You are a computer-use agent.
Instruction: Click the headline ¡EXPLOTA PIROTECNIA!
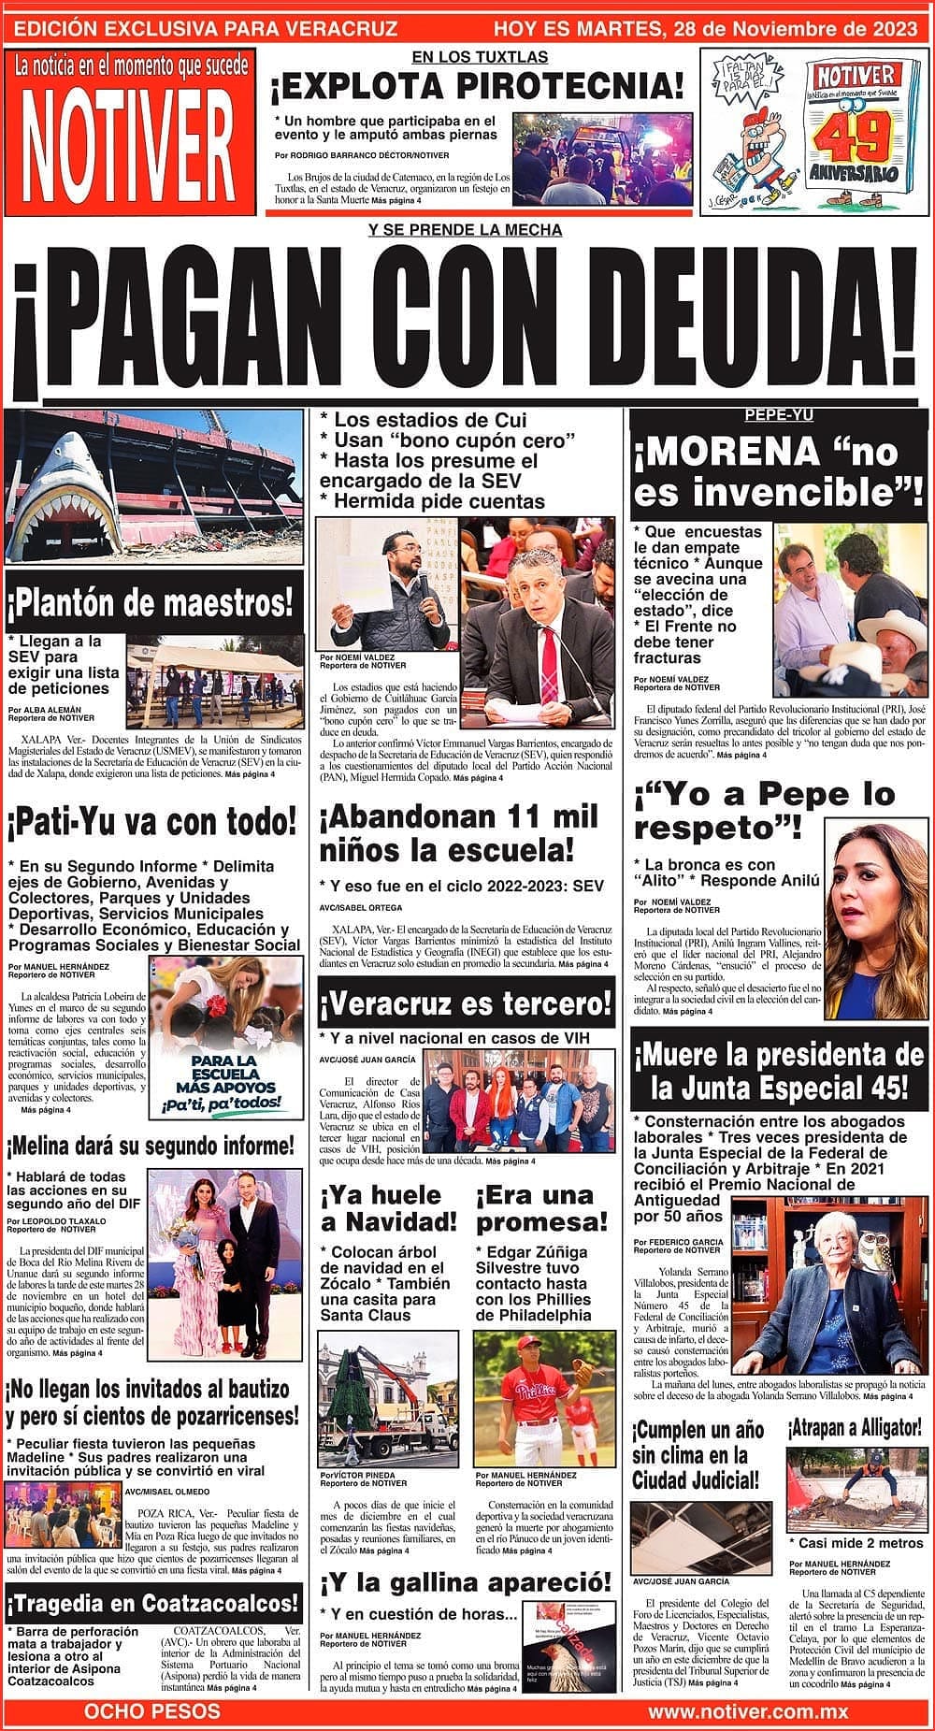477,88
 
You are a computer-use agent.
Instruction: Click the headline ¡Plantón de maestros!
154,603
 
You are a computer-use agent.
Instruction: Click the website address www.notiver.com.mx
747,1711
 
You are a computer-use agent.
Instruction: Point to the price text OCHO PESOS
152,1711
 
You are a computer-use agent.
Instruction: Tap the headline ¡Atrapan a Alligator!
855,1428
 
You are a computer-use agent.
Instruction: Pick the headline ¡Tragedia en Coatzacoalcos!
154,1604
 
